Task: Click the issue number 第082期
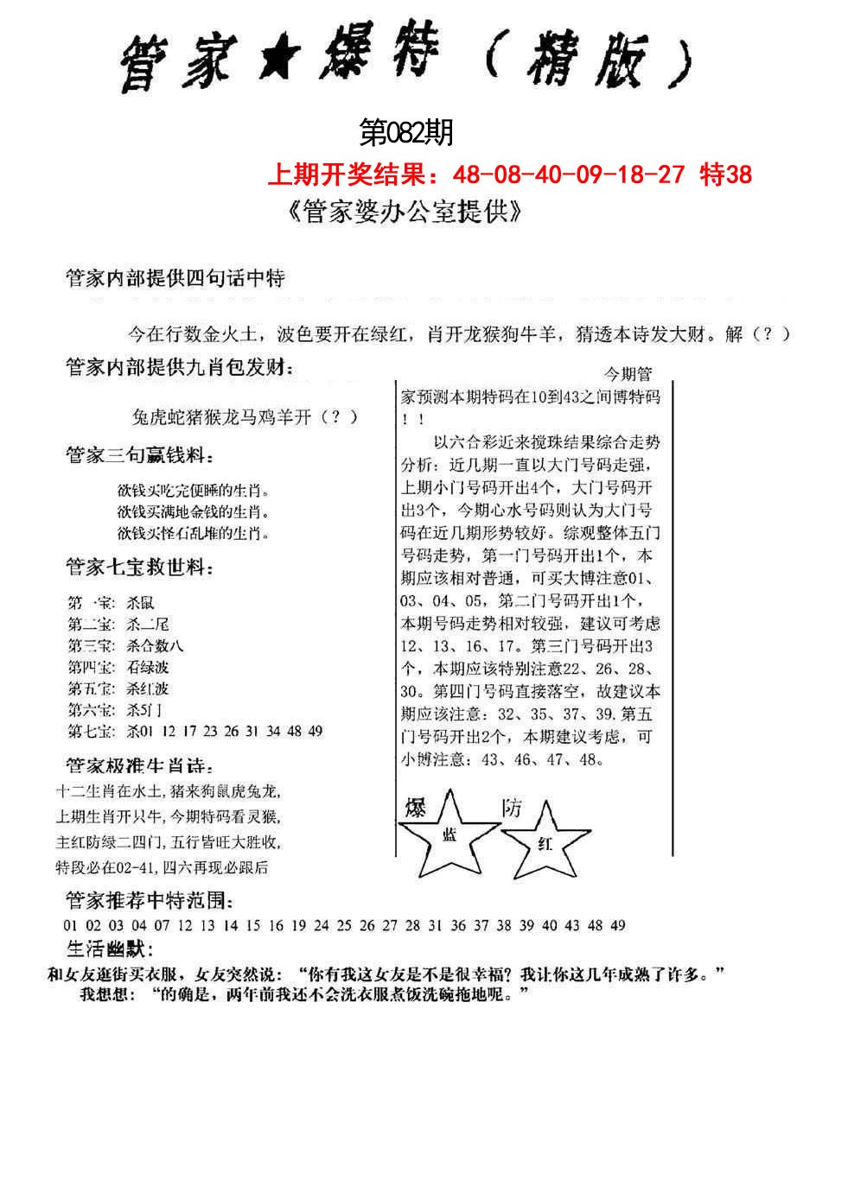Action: [x=405, y=133]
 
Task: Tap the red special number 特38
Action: [x=726, y=175]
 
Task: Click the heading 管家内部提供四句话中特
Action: [x=175, y=278]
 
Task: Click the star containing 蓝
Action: [x=449, y=833]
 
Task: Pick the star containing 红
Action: [x=545, y=841]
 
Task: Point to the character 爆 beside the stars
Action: [x=416, y=808]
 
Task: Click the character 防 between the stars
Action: [x=512, y=808]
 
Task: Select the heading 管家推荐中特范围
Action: [x=149, y=901]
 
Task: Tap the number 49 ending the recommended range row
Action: [x=617, y=925]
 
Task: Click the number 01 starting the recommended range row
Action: [x=71, y=925]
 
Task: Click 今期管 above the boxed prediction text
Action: [x=627, y=374]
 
